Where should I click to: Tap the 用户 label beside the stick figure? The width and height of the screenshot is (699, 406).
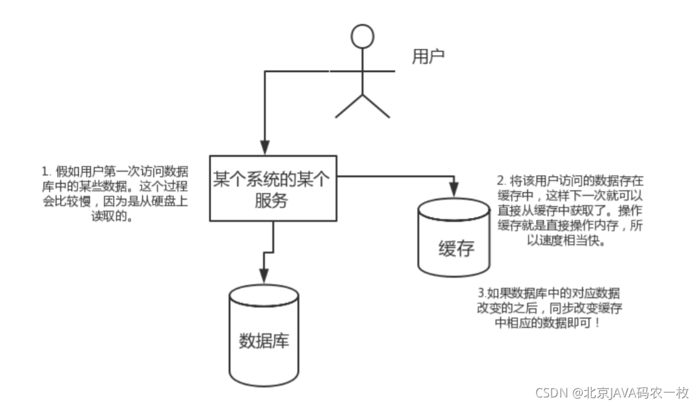pyautogui.click(x=428, y=57)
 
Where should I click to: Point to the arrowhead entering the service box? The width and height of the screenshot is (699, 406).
pyautogui.click(x=265, y=149)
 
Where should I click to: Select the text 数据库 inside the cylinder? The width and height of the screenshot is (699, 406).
pyautogui.click(x=263, y=341)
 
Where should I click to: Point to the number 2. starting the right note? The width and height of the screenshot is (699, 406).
pyautogui.click(x=501, y=180)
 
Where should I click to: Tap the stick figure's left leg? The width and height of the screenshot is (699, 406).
pyautogui.click(x=349, y=107)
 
